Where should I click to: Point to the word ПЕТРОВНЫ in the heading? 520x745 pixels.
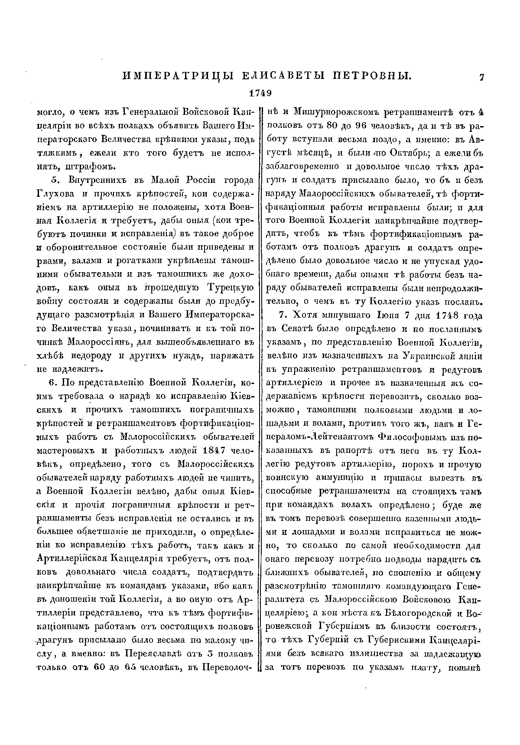[372, 77]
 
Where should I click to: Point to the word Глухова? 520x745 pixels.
[57, 194]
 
